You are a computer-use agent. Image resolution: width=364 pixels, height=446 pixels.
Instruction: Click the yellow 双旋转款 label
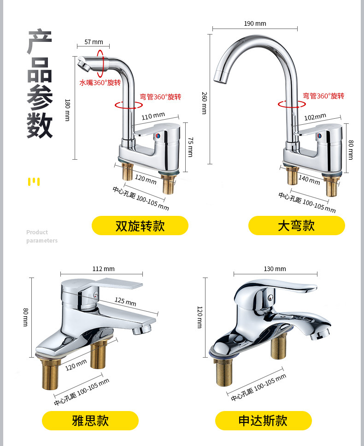point(140,226)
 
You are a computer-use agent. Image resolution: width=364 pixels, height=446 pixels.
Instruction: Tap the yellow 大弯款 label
point(296,226)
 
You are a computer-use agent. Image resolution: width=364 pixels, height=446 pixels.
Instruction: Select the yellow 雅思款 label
point(90,421)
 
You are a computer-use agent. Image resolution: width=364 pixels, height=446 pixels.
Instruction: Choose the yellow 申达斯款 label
point(263,421)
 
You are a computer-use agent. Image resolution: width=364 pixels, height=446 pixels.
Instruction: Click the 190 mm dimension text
point(255,23)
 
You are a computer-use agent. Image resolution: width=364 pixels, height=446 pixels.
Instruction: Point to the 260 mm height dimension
point(204,103)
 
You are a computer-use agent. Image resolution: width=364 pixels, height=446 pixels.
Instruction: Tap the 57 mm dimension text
point(94,42)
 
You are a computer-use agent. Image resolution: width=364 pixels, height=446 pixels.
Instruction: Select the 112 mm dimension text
point(103,269)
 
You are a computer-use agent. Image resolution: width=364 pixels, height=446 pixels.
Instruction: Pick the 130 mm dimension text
point(275,269)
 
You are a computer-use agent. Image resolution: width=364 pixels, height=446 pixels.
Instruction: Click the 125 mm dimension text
point(125,301)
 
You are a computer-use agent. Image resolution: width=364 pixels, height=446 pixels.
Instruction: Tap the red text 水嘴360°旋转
point(100,83)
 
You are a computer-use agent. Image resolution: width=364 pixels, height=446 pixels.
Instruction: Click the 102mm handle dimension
point(315,117)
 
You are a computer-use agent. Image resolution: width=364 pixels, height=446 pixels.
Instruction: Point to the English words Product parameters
point(41,236)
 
